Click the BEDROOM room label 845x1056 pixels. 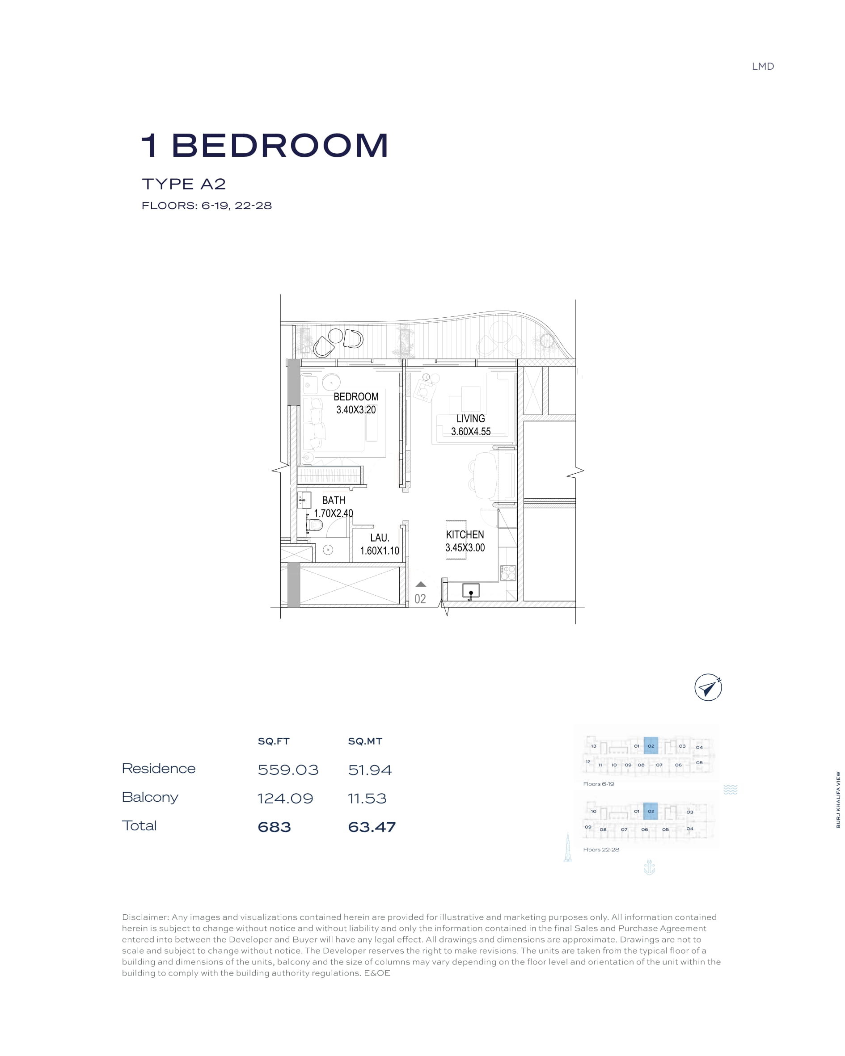coord(356,397)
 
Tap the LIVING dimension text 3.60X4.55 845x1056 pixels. coord(470,432)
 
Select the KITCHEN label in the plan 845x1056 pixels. coord(465,535)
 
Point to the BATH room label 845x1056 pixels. coord(333,501)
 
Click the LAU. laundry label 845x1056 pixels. coord(380,538)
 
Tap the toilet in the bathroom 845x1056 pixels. coord(314,526)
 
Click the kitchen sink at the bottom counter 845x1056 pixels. coord(470,590)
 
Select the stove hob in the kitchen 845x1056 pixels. coord(508,572)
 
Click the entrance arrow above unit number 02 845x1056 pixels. coord(421,585)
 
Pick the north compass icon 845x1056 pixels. coord(708,687)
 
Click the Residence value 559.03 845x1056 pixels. coord(288,770)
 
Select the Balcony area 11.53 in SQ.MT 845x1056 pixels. coord(367,798)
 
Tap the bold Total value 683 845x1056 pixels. coord(275,827)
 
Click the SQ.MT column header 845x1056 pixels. coord(365,741)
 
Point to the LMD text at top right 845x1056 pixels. coord(763,67)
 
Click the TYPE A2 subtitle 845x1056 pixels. coord(184,184)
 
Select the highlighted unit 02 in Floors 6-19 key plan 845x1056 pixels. coord(651,746)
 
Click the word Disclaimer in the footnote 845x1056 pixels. coord(146,917)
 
